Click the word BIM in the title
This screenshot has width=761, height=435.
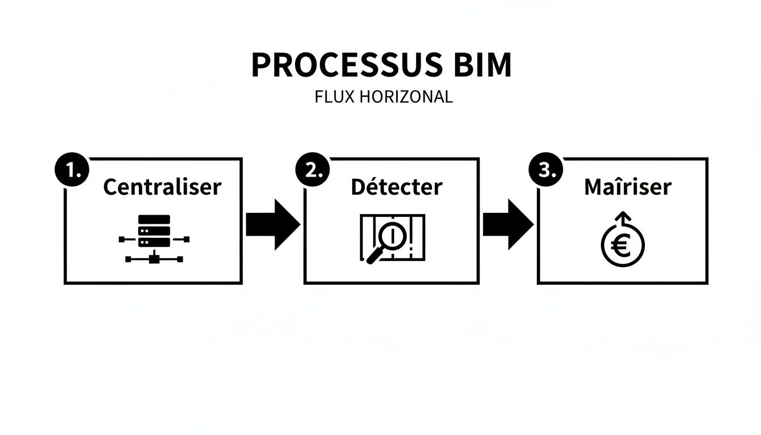point(479,65)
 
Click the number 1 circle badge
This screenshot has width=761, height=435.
point(71,170)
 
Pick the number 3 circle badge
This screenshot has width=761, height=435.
point(544,170)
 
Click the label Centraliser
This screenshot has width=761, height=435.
point(162,187)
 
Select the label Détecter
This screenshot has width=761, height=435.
point(396,187)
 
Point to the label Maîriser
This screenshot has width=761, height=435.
point(627,187)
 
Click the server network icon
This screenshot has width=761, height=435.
point(154,238)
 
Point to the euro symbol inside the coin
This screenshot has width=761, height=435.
point(622,247)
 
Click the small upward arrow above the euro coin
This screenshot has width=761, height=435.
point(622,219)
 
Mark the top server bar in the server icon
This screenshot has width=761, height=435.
point(154,220)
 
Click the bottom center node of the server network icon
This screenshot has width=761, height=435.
point(154,259)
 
